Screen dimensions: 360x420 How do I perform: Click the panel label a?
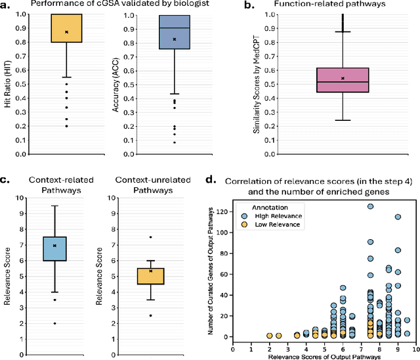click(5, 7)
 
